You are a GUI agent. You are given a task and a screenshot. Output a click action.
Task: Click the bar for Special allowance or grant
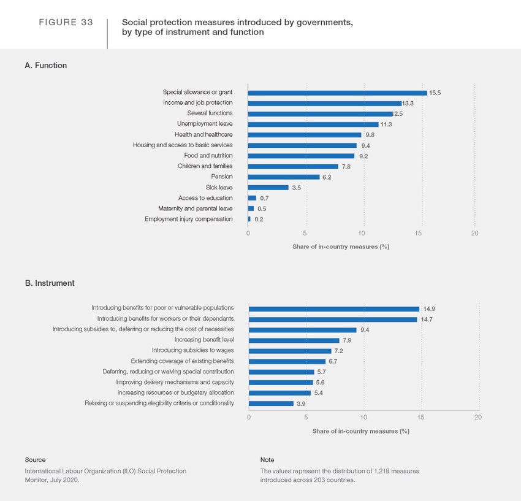(337, 93)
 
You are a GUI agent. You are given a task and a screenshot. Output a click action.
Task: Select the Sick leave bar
(268, 188)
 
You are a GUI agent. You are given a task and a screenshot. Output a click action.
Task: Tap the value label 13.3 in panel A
(408, 103)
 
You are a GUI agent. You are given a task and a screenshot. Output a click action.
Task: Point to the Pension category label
(221, 177)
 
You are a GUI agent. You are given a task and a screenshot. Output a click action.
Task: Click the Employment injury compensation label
(188, 219)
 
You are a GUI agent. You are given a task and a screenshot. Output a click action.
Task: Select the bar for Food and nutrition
(301, 156)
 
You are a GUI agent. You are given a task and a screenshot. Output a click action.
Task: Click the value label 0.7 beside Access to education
(265, 198)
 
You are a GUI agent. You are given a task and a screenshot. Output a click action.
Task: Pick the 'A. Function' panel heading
(46, 65)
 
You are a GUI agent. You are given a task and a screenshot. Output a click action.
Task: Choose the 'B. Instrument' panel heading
(50, 283)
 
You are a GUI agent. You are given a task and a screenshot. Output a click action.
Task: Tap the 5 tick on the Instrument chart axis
(306, 417)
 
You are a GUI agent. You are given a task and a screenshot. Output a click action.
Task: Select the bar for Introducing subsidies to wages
(290, 351)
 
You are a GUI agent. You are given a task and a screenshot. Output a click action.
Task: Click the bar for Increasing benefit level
(294, 340)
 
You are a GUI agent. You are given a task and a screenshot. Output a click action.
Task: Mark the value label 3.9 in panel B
(302, 403)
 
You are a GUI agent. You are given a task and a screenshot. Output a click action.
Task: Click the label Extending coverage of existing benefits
(182, 361)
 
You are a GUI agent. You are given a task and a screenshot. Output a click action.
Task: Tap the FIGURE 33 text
(66, 23)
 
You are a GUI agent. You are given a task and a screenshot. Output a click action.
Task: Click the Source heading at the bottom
(35, 459)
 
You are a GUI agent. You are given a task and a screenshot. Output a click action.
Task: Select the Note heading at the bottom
(267, 459)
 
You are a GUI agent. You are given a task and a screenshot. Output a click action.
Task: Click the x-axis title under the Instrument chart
(360, 431)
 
